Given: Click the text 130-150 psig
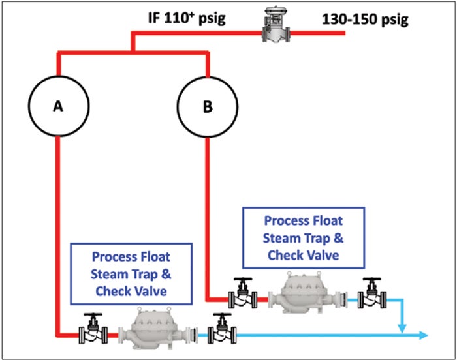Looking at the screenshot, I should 365,19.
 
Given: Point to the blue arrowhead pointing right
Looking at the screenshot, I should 423,335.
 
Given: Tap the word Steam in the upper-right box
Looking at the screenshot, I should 282,238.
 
